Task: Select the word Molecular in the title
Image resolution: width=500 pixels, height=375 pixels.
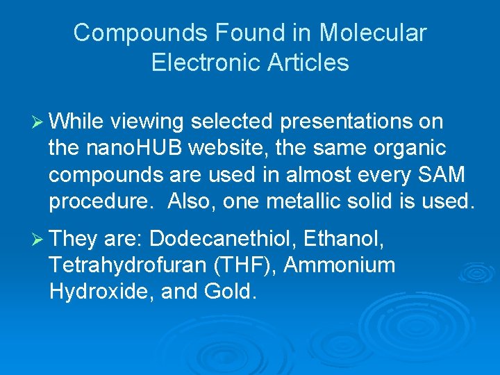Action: pos(373,33)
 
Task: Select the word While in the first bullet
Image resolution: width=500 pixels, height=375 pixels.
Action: pos(76,122)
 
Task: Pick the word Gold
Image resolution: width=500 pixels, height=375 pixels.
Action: pos(231,292)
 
